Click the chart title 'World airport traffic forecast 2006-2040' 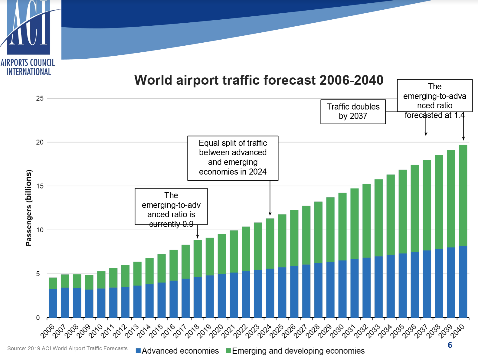coord(259,80)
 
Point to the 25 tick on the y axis coord(40,98)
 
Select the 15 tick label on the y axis coord(40,186)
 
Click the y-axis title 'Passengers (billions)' coord(29,208)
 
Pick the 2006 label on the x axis coord(48,331)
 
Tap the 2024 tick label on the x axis coord(265,331)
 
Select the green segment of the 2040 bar coord(463,195)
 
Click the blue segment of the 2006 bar coord(53,303)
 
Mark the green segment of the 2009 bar coord(89,283)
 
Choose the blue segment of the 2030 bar coord(342,289)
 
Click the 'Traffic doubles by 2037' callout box coord(353,112)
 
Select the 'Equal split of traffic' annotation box coord(233,158)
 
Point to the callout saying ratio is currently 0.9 coord(171,207)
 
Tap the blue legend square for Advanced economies coord(138,351)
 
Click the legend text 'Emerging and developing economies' coord(298,351)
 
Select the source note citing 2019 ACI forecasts coord(67,349)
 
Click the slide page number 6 coord(450,345)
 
